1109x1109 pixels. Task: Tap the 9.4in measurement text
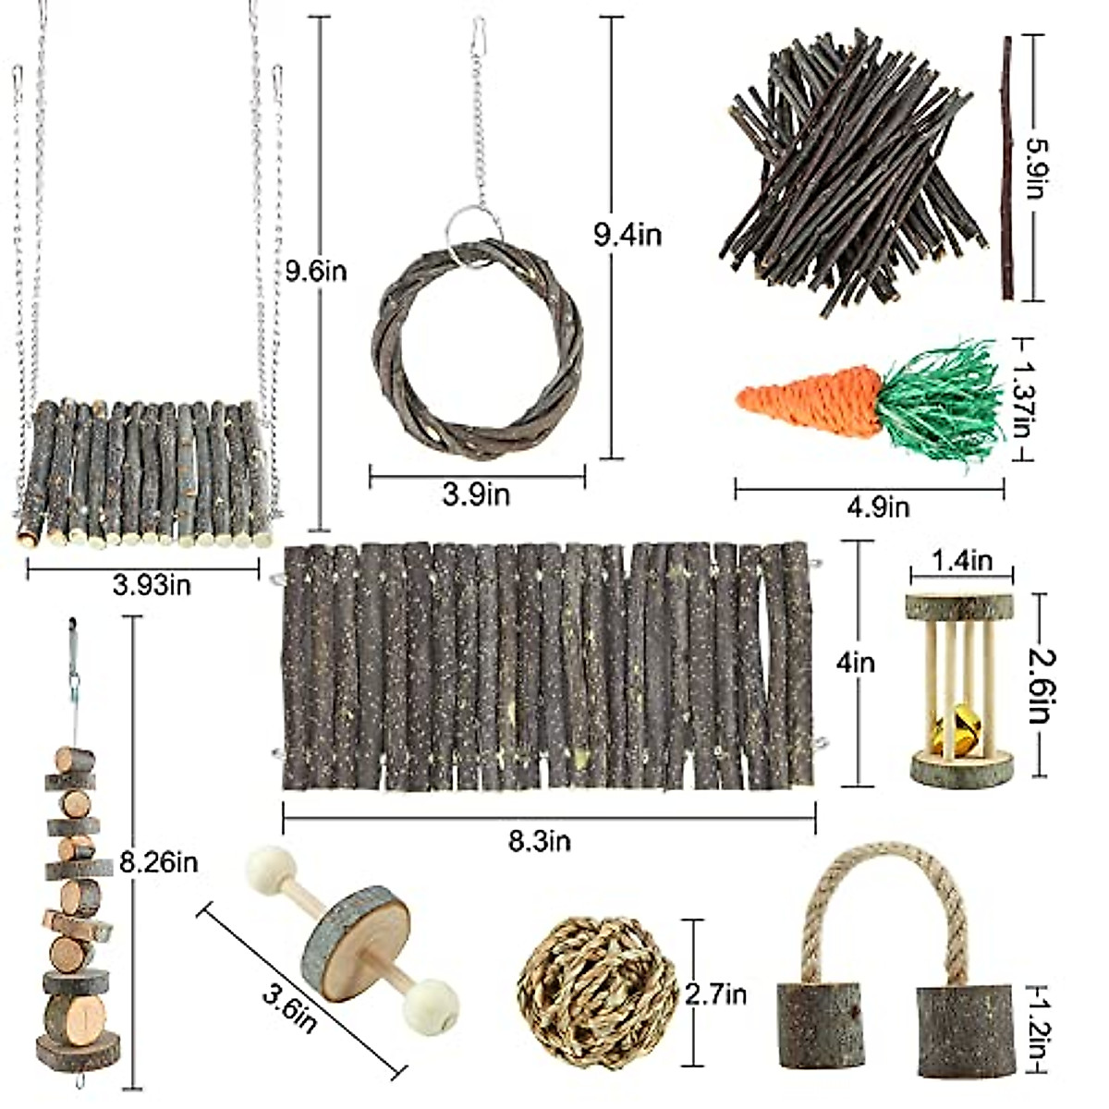coord(628,235)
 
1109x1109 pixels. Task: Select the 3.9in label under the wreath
coord(476,495)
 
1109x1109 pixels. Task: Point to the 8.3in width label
coord(540,840)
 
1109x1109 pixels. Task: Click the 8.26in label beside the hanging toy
coord(159,863)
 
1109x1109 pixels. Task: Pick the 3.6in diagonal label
coord(289,1008)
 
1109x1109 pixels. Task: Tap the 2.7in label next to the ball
coord(715,994)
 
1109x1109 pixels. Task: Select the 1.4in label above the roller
coord(962,561)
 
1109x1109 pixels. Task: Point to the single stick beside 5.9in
coord(1007,166)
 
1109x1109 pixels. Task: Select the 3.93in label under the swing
coord(152,584)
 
